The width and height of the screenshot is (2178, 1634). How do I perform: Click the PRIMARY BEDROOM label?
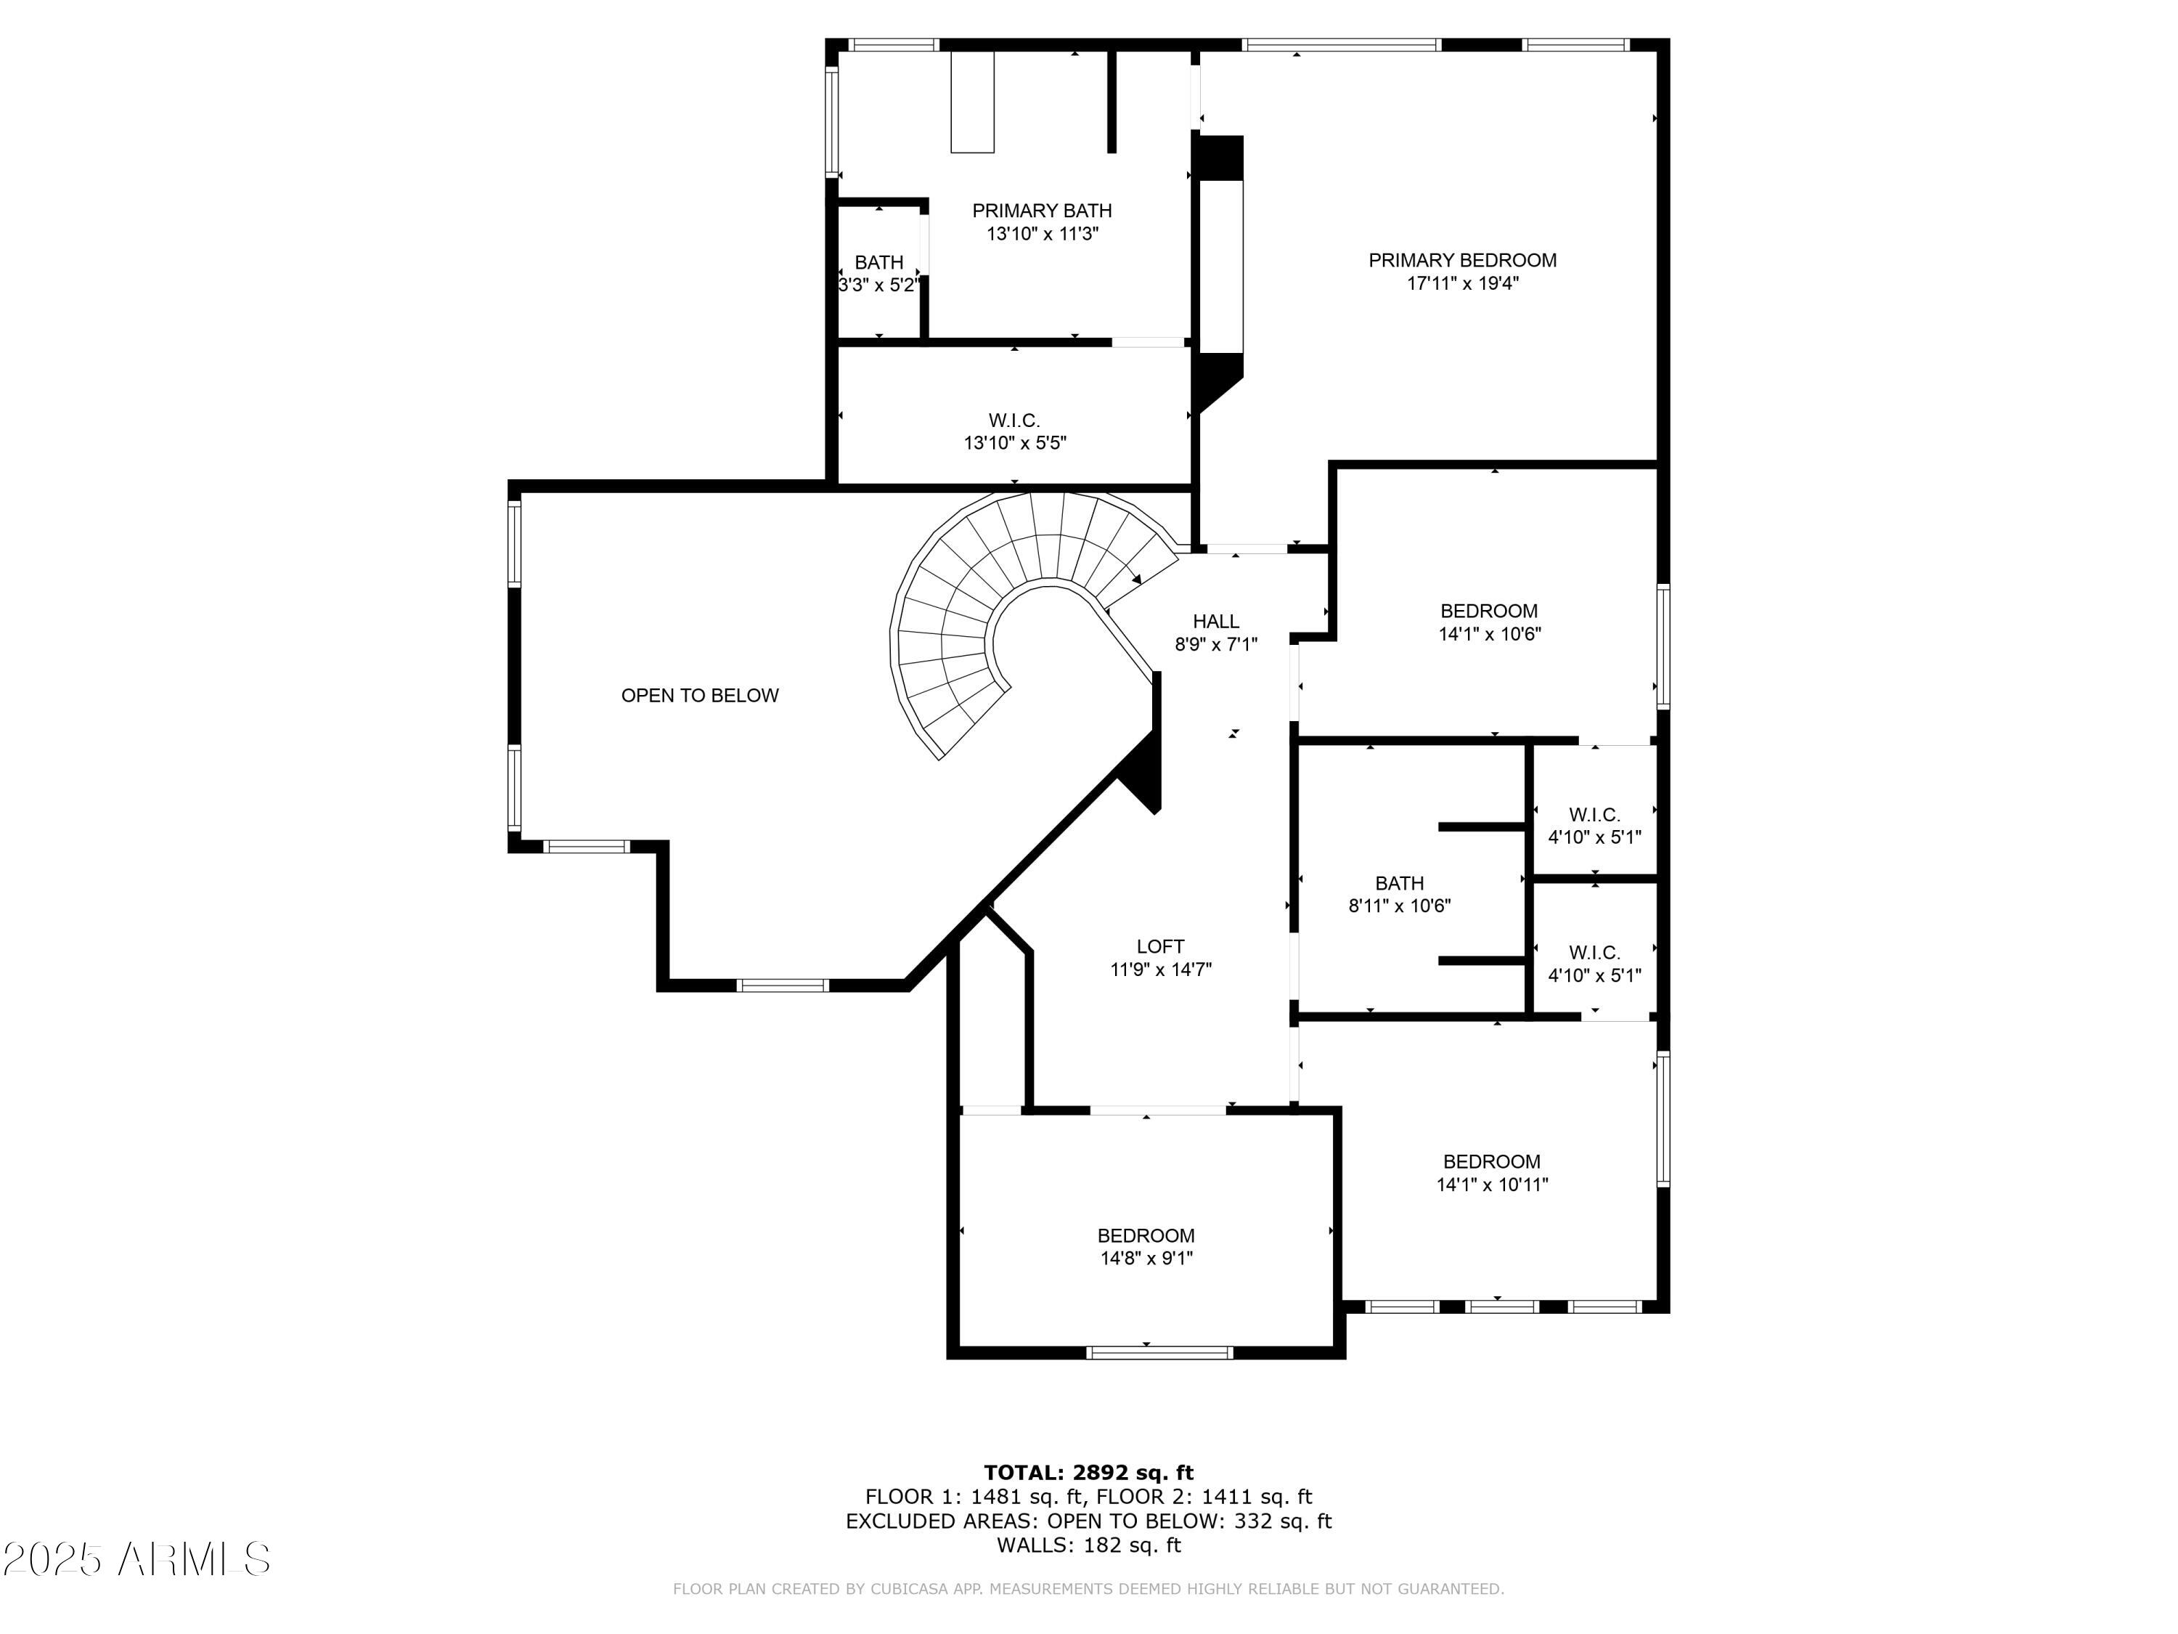(1462, 260)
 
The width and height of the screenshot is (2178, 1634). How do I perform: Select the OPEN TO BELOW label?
(699, 696)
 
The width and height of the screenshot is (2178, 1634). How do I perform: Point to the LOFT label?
(1160, 946)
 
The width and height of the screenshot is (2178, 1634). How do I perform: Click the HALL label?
(1216, 622)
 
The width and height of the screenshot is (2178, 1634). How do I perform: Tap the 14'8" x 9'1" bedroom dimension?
(1146, 1258)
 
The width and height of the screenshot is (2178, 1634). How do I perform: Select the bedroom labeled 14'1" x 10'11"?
(1492, 1173)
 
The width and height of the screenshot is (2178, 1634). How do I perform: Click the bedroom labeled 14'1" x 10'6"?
(1489, 622)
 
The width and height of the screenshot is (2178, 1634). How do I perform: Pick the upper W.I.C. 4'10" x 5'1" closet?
(1594, 826)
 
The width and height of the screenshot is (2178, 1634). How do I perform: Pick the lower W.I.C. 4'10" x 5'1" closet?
(1594, 963)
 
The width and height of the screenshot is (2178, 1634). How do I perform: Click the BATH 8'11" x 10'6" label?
(1399, 894)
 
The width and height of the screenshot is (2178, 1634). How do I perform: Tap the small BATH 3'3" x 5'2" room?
(878, 274)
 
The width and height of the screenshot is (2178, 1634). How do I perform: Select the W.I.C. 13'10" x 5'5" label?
(1014, 431)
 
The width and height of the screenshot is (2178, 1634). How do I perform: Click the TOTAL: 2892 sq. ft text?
(1088, 1473)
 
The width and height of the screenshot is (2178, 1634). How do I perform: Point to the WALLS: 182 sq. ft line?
(1088, 1545)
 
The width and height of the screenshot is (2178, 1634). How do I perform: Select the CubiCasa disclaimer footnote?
(1088, 1589)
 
